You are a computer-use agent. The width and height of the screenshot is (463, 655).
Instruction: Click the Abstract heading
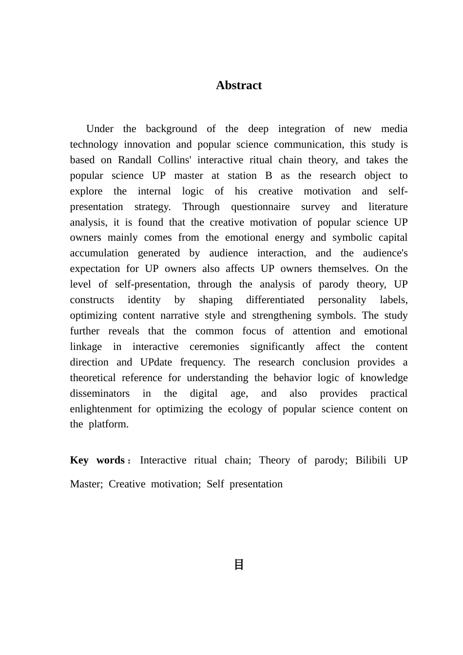(239, 85)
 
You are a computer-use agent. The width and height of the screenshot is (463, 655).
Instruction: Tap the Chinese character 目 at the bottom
(239, 565)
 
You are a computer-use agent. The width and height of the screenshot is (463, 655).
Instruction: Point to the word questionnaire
(260, 207)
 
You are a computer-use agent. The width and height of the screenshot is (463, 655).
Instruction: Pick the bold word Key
(79, 460)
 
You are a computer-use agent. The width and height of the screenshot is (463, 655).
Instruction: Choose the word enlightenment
(101, 409)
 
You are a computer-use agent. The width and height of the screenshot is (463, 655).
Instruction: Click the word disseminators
(100, 393)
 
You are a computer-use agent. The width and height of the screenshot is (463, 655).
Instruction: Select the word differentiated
(275, 300)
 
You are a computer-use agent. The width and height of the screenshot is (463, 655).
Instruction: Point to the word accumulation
(99, 253)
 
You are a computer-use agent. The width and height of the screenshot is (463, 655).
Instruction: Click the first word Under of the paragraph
(100, 129)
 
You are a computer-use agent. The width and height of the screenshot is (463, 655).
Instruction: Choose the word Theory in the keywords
(274, 460)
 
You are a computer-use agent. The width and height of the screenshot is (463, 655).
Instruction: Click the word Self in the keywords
(215, 484)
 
